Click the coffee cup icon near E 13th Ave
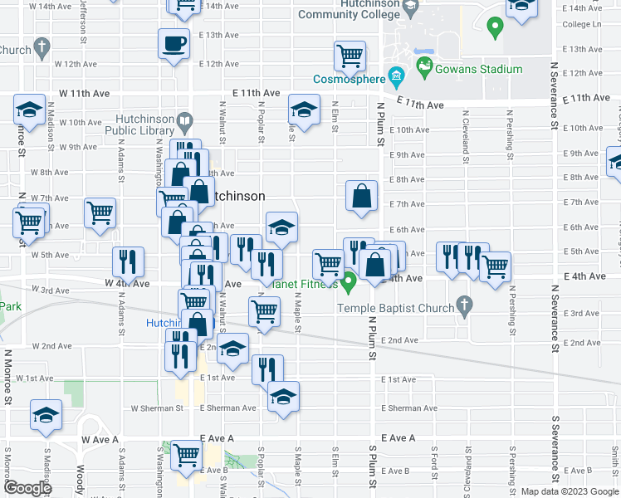pos(174,43)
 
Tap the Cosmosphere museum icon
pos(396,80)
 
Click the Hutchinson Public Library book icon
pos(184,125)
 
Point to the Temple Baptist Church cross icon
pos(464,308)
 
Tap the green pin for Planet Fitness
pos(350,282)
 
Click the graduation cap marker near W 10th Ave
pos(29,110)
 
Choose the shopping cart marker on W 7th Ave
pos(100,213)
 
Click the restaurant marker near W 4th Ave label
pos(128,262)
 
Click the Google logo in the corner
pos(27,488)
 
